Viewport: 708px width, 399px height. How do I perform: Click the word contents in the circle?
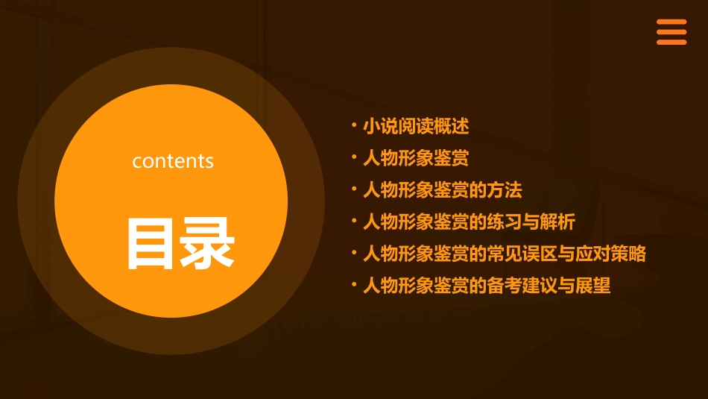(173, 161)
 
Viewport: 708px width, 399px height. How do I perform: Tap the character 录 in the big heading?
(208, 243)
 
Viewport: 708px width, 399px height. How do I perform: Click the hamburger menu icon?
(671, 32)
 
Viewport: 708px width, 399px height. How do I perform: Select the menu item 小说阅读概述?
(416, 127)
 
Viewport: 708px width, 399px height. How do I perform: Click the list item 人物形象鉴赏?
(416, 158)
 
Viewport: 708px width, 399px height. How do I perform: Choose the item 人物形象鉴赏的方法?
(443, 190)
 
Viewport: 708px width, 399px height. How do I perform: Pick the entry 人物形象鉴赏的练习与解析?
(469, 222)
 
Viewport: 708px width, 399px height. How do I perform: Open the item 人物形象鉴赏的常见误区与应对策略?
(505, 254)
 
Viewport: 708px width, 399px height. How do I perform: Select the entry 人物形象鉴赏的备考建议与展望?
(487, 286)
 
